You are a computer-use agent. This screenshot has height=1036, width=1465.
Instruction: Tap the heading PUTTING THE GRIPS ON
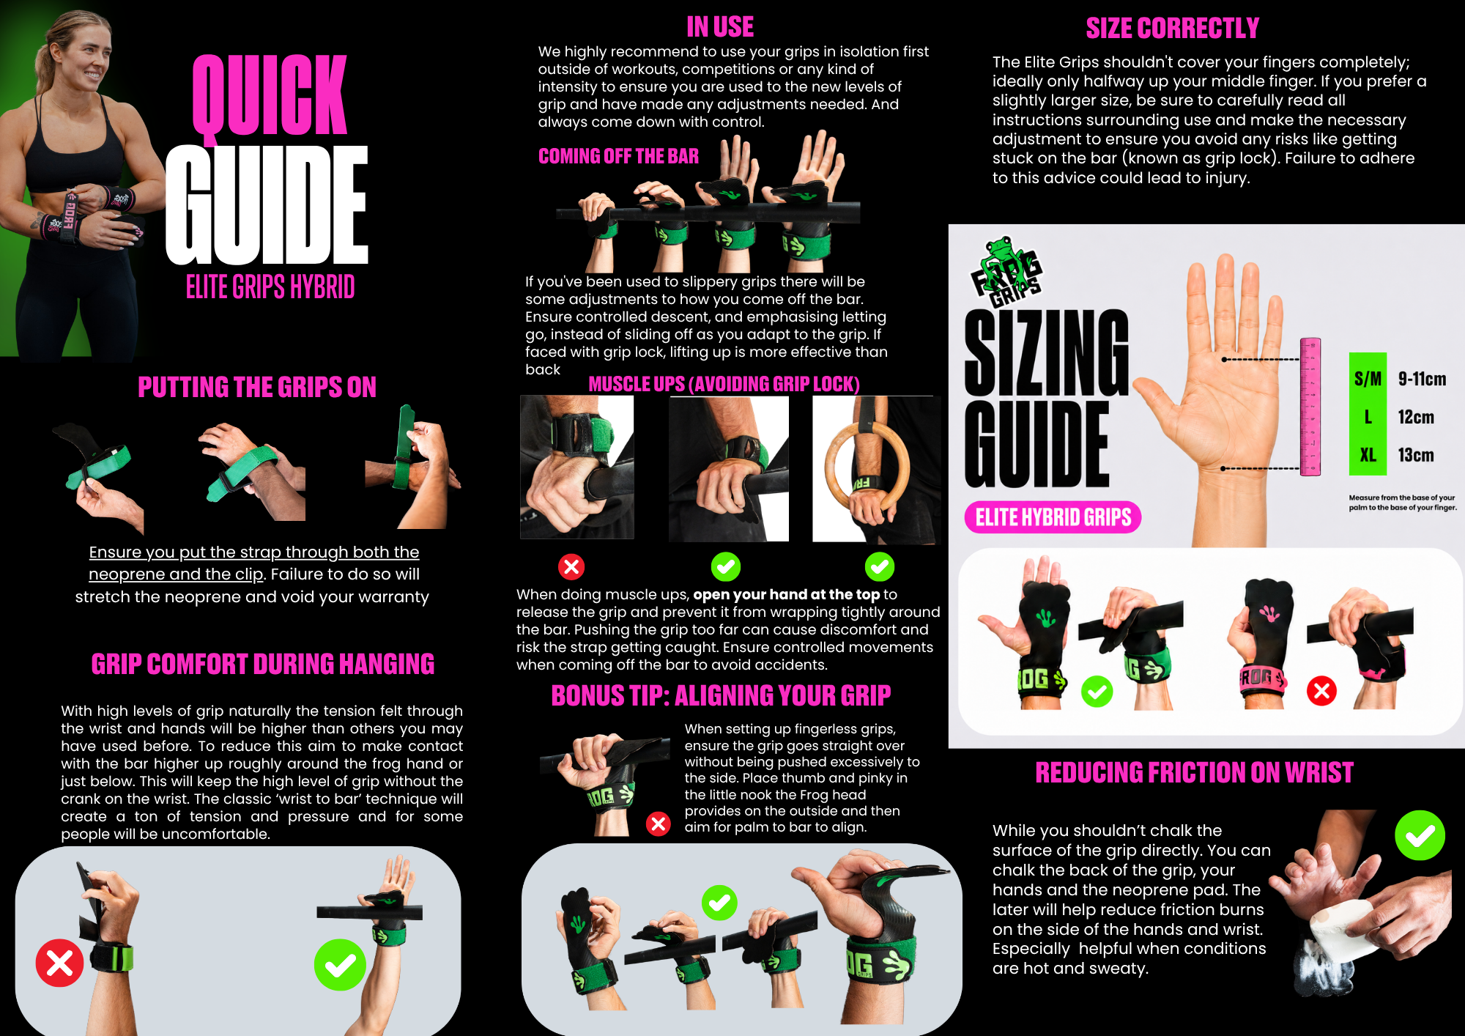pyautogui.click(x=257, y=387)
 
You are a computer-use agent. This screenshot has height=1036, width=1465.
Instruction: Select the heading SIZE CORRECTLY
pyautogui.click(x=1172, y=29)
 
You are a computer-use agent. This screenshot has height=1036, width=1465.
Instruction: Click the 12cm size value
pyautogui.click(x=1416, y=417)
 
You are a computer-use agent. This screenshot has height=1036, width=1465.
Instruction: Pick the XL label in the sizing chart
pyautogui.click(x=1368, y=455)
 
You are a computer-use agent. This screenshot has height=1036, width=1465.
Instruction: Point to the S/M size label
pyautogui.click(x=1368, y=379)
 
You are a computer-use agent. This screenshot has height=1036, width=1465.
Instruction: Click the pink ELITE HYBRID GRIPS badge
pyautogui.click(x=1053, y=517)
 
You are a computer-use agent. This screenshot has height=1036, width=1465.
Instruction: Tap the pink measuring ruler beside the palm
pyautogui.click(x=1310, y=407)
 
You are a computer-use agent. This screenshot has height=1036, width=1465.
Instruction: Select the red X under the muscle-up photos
pyautogui.click(x=571, y=566)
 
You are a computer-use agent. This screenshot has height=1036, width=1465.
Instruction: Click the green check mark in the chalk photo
pyautogui.click(x=1420, y=835)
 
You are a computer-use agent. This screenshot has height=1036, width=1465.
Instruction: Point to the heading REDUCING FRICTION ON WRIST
pyautogui.click(x=1194, y=772)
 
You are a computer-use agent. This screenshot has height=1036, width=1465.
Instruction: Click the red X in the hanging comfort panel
pyautogui.click(x=59, y=963)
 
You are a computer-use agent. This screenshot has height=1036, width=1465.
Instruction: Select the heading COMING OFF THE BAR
pyautogui.click(x=618, y=156)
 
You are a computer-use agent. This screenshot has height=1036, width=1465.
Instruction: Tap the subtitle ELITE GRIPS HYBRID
pyautogui.click(x=270, y=286)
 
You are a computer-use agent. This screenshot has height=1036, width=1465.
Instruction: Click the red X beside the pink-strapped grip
pyautogui.click(x=1321, y=691)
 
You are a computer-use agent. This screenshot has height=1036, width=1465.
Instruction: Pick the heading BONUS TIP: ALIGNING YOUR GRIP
pyautogui.click(x=721, y=695)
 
